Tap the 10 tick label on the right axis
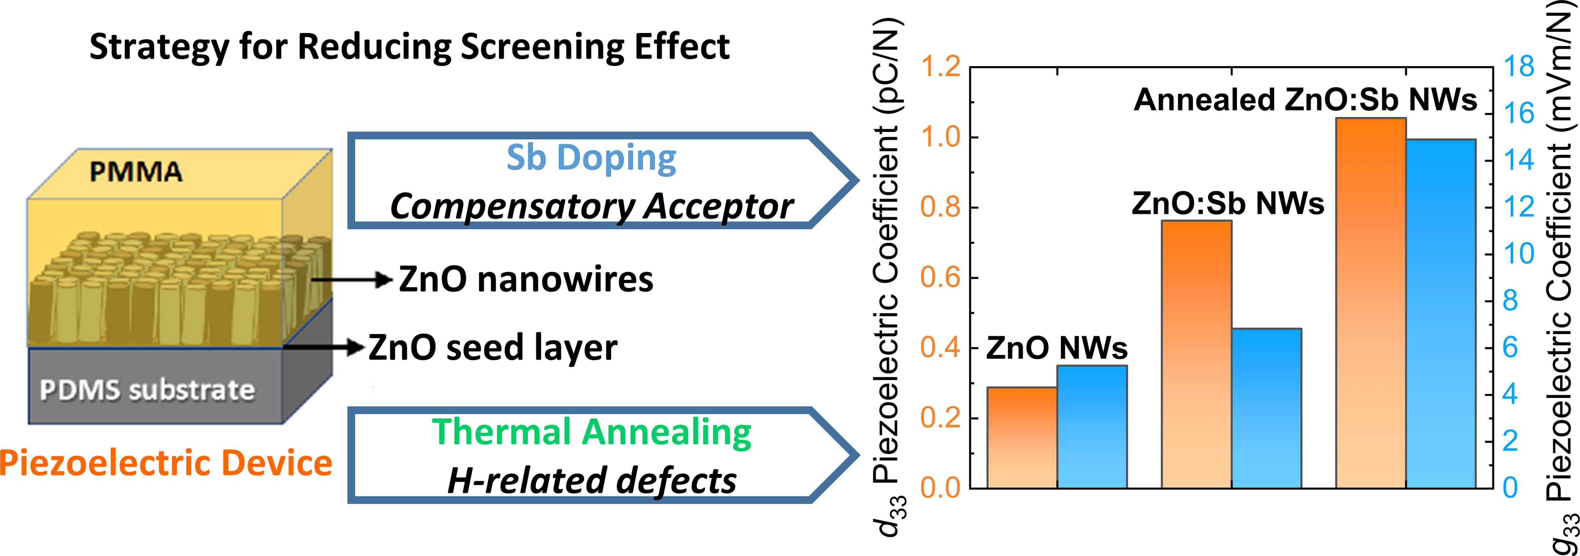coord(1519,254)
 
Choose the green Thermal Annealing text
coord(591,432)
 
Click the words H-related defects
coord(591,481)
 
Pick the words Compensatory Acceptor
coord(591,206)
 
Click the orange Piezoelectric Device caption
coord(166,463)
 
